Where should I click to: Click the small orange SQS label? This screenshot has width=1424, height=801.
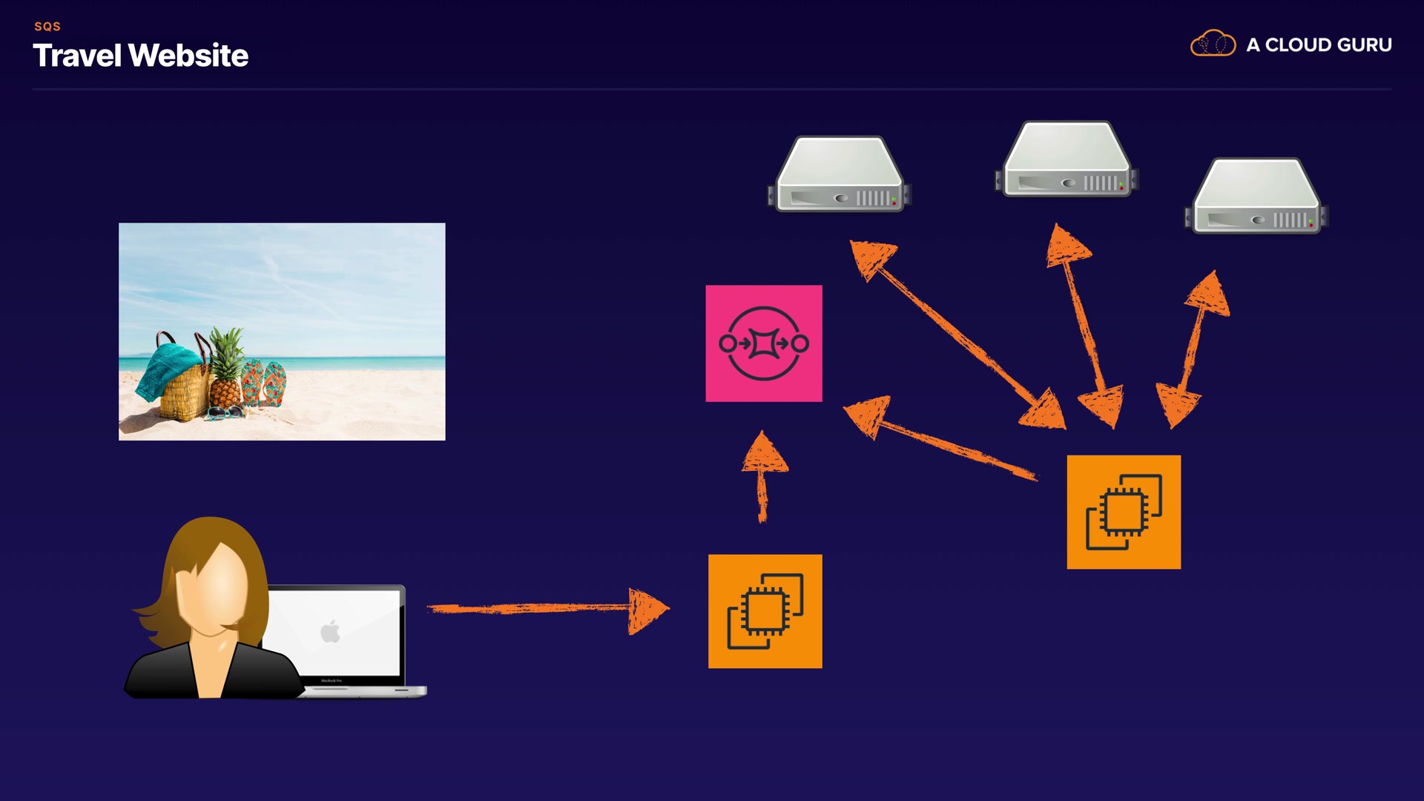(47, 27)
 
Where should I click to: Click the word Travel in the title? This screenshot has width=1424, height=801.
(76, 56)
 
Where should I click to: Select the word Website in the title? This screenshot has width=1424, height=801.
(188, 56)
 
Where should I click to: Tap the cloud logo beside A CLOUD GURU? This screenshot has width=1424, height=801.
(1213, 44)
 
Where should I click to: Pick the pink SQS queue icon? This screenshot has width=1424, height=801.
(764, 343)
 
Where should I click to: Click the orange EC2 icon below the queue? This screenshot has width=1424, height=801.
(765, 611)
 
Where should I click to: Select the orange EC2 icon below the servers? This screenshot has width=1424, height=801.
(1124, 512)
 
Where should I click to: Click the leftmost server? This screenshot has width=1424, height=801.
(839, 174)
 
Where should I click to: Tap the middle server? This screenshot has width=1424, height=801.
(1067, 159)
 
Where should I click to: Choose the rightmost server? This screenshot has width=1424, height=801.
(1256, 197)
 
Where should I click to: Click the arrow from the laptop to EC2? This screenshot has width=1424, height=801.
(549, 609)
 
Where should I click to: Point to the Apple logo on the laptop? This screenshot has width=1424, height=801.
(331, 631)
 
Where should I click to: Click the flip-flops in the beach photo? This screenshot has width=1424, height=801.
(264, 382)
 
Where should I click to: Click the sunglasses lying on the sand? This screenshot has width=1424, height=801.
(225, 412)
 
